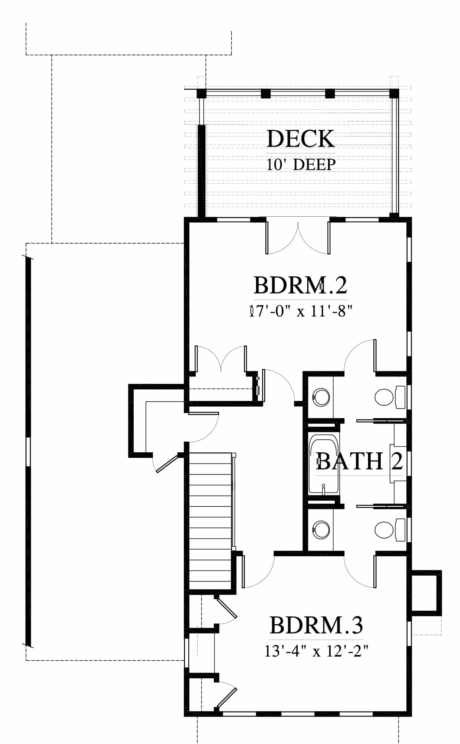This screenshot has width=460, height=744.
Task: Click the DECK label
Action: [x=301, y=139]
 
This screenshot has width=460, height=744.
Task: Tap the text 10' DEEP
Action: [x=301, y=165]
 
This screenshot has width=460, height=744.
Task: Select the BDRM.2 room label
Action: [x=300, y=285]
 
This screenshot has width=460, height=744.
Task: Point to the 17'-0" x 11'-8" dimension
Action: [x=301, y=312]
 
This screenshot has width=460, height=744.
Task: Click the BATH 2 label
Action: [x=359, y=461]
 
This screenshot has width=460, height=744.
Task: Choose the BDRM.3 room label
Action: [x=316, y=625]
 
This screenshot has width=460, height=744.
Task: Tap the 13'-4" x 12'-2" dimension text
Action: [x=316, y=651]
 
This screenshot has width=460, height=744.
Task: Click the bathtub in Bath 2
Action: [x=324, y=466]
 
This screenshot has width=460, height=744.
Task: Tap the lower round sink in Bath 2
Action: [x=321, y=530]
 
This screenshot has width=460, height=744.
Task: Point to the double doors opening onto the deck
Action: [x=298, y=237]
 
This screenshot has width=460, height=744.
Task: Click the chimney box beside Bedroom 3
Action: [x=426, y=593]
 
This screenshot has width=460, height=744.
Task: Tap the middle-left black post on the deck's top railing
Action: [x=266, y=93]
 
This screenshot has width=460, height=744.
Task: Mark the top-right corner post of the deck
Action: [x=394, y=93]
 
